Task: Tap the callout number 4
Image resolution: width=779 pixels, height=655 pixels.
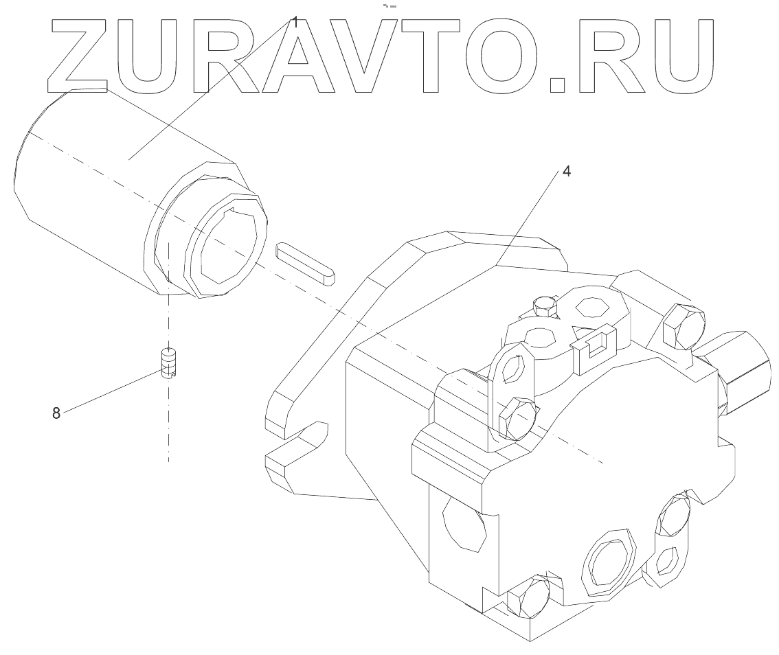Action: [566, 172]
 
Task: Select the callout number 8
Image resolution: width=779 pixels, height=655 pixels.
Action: [56, 413]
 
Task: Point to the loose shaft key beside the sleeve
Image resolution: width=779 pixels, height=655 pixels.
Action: [306, 262]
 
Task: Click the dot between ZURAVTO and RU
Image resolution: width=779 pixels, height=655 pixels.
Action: [558, 83]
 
